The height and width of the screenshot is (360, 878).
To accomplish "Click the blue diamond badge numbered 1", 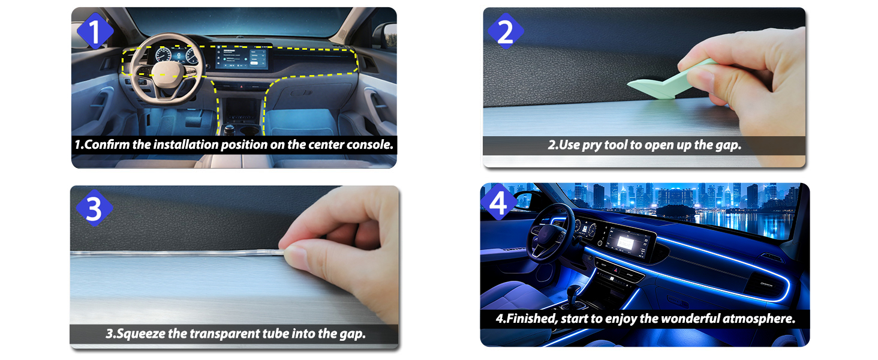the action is [95, 31].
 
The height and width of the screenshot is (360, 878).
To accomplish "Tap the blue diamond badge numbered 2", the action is [506, 31].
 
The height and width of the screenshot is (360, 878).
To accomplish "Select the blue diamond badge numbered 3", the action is [95, 208].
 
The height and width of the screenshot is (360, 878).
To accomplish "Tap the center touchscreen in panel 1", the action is [242, 57].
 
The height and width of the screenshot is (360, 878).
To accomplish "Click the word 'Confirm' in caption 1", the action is [107, 145].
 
